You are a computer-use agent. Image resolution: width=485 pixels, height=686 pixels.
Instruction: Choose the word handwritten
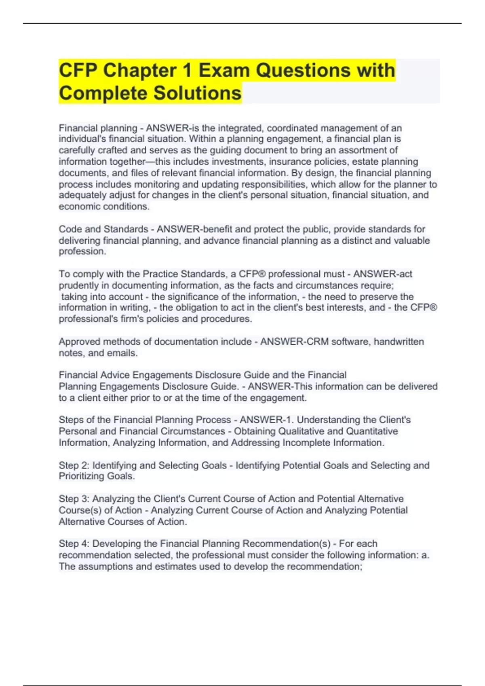point(399,342)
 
